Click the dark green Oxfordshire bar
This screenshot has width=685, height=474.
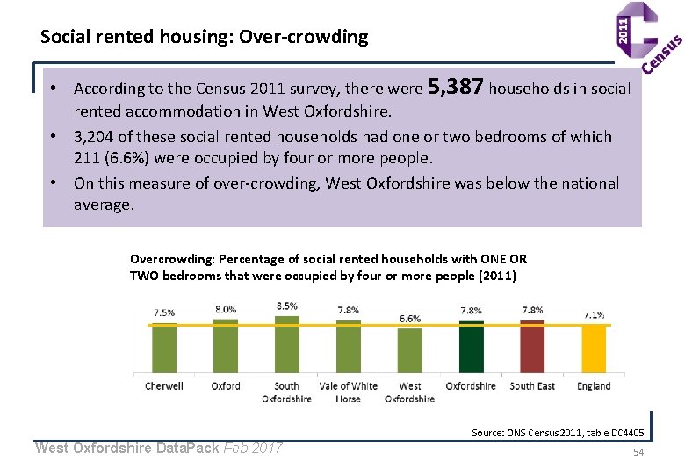pos(471,347)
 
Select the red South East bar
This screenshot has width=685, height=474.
pos(532,347)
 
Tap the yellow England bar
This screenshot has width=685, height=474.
pos(594,349)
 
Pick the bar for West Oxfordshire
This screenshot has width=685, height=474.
pos(410,350)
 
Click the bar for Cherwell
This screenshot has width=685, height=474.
pos(164,348)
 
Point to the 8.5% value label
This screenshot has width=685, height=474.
pos(287,306)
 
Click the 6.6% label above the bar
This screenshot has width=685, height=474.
pos(410,319)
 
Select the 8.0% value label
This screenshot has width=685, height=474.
pos(226,310)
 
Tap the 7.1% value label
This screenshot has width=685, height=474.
pos(595,315)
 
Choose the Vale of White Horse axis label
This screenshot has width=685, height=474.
pos(348,392)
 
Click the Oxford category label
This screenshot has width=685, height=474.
pos(226,386)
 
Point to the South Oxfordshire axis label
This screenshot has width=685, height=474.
pos(286,392)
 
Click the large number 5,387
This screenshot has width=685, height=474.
pos(456,86)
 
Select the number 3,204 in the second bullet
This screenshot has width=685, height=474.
pos(93,137)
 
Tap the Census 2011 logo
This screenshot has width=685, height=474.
pos(647,37)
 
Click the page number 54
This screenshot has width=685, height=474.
pos(638,452)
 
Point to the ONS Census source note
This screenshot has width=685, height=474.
pos(558,433)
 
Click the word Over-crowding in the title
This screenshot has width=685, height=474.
pos(304,37)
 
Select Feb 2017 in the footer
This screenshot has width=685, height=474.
pos(253,448)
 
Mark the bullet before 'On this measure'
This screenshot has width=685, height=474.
pos(54,183)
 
